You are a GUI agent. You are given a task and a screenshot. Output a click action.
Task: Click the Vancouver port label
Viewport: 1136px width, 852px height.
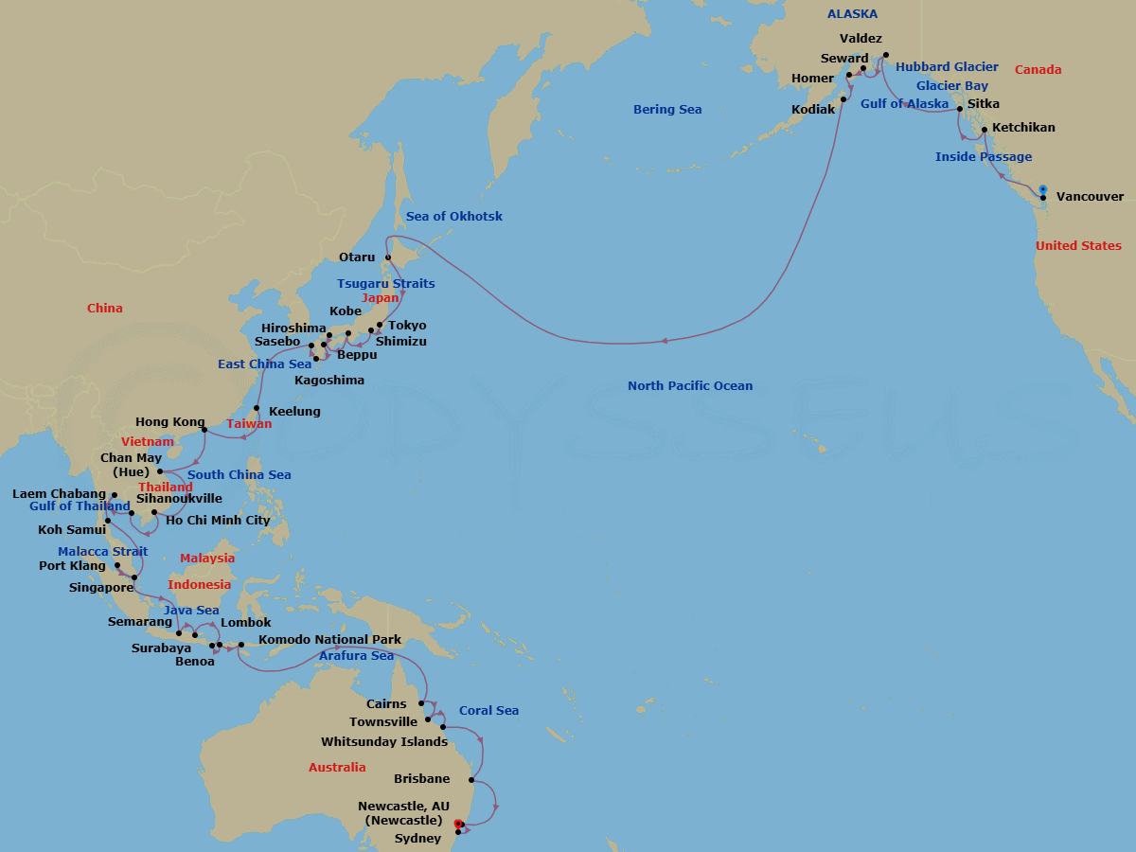click(1090, 197)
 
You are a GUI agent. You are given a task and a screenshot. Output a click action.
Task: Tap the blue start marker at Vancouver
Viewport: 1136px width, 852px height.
click(1042, 188)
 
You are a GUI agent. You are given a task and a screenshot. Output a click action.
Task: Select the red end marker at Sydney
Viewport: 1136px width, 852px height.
click(459, 824)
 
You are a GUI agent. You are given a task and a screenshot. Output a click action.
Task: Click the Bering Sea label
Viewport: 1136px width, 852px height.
click(667, 110)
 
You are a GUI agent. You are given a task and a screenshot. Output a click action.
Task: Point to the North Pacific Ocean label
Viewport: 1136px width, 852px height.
click(690, 385)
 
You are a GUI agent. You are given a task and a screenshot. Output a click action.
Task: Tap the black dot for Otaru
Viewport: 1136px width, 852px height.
click(388, 257)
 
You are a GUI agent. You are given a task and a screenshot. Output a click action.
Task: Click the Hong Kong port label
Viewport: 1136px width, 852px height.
click(170, 422)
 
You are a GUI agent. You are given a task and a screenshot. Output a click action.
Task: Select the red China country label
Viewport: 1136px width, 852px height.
click(104, 309)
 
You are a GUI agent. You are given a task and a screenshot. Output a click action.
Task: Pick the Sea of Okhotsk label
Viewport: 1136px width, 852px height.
click(454, 217)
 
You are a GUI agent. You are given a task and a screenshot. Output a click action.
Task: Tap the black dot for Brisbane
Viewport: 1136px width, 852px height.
click(470, 780)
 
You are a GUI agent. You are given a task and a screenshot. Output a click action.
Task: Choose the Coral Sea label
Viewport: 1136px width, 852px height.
click(488, 711)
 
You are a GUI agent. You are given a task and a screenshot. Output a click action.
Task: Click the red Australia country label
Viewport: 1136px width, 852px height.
click(337, 768)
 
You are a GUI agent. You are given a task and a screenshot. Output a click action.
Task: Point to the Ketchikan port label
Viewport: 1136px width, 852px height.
click(1023, 128)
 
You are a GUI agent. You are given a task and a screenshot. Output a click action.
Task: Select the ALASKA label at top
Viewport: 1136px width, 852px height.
click(852, 14)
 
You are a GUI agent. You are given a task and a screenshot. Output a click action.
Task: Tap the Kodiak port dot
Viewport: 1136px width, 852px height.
click(843, 98)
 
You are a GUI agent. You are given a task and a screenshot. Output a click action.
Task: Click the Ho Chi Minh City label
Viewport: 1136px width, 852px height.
click(218, 520)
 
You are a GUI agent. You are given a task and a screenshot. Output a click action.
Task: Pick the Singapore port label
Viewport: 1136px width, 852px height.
click(101, 587)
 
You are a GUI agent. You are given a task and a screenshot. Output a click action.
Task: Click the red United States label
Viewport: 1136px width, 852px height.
click(1078, 246)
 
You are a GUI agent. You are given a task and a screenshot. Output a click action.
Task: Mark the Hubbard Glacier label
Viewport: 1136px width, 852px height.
click(947, 67)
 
